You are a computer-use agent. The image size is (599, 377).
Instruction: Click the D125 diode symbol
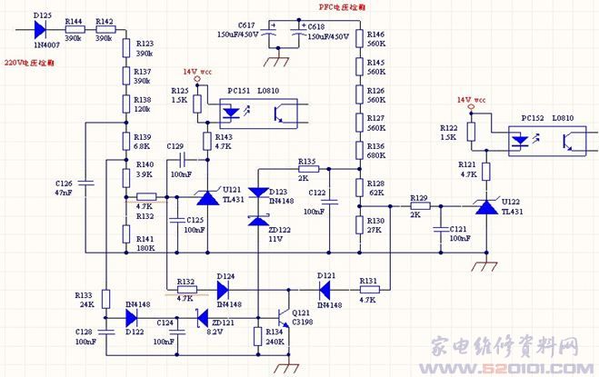pyautogui.click(x=43, y=29)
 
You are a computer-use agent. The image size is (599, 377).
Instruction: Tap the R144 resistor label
pyautogui.click(x=74, y=19)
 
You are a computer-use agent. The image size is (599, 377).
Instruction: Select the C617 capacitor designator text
pyautogui.click(x=247, y=25)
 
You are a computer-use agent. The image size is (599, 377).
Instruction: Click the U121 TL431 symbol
pyautogui.click(x=205, y=197)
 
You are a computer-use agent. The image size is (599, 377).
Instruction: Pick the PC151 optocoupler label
pyautogui.click(x=239, y=92)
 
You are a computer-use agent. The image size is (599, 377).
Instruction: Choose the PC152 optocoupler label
pyautogui.click(x=532, y=118)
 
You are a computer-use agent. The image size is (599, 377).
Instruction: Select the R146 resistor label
pyautogui.click(x=374, y=34)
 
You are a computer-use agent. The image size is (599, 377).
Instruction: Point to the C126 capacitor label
pyautogui.click(x=65, y=184)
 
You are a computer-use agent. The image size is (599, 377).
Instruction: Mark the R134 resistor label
pyautogui.click(x=275, y=332)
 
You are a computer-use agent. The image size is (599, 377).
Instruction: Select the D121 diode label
pyautogui.click(x=327, y=274)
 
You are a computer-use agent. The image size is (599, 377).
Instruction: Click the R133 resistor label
pyautogui.click(x=83, y=295)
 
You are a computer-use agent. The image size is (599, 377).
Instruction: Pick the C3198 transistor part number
pyautogui.click(x=303, y=321)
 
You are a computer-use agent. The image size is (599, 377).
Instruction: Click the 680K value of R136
pyautogui.click(x=375, y=155)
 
